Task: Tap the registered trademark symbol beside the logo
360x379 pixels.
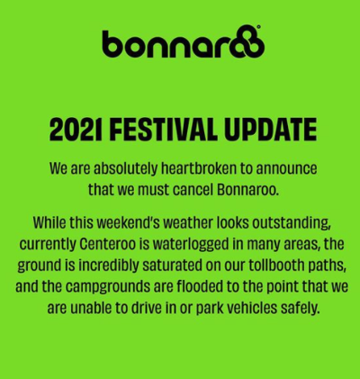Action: point(260,31)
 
